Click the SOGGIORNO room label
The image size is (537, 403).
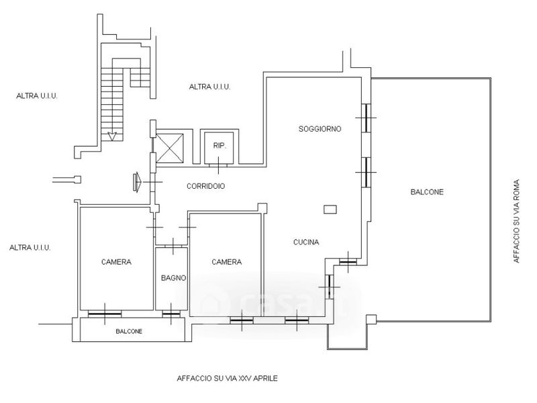pyautogui.click(x=320, y=129)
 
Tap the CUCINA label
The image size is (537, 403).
pyautogui.click(x=306, y=242)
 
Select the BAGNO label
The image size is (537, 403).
pyautogui.click(x=174, y=278)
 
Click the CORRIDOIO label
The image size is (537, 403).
pyautogui.click(x=206, y=186)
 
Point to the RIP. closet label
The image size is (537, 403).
pyautogui.click(x=219, y=145)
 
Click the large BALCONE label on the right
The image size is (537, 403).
pyautogui.click(x=427, y=192)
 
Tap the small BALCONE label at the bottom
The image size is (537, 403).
pyautogui.click(x=129, y=331)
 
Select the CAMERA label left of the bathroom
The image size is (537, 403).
pyautogui.click(x=116, y=262)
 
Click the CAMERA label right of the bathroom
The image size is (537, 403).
pyautogui.click(x=226, y=262)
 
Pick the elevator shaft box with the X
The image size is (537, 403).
pyautogui.click(x=170, y=148)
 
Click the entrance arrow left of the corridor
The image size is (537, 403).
pyautogui.click(x=138, y=181)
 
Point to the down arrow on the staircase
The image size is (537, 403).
pyautogui.click(x=112, y=136)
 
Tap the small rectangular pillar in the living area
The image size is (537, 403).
pyautogui.click(x=330, y=209)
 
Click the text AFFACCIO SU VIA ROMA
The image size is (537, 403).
pyautogui.click(x=516, y=221)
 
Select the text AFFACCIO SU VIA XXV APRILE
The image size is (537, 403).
pyautogui.click(x=227, y=378)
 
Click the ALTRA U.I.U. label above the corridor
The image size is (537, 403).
pyautogui.click(x=209, y=87)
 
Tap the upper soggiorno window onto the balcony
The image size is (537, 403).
pyautogui.click(x=366, y=118)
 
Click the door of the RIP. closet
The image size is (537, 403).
pyautogui.click(x=218, y=165)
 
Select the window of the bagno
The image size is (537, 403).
pyautogui.click(x=171, y=314)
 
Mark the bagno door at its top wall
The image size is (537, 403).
pyautogui.click(x=173, y=246)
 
